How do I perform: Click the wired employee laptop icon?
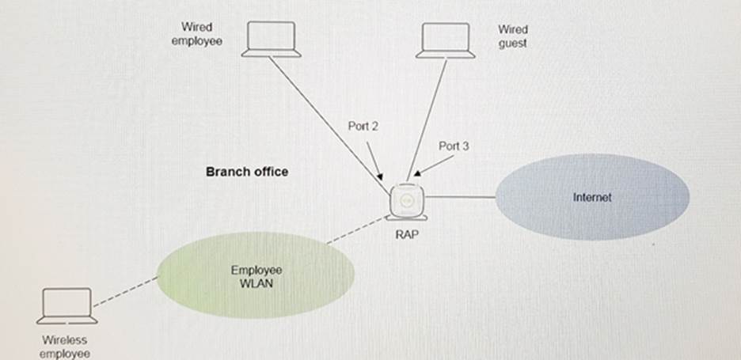pyautogui.click(x=272, y=39)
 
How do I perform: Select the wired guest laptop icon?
pyautogui.click(x=446, y=40)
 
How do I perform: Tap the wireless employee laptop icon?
pyautogui.click(x=68, y=305)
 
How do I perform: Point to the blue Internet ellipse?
pyautogui.click(x=592, y=197)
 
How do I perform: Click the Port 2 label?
pyautogui.click(x=363, y=126)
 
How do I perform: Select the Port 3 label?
pyautogui.click(x=454, y=146)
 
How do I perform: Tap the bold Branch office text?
pyautogui.click(x=247, y=171)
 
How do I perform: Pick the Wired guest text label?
pyautogui.click(x=512, y=36)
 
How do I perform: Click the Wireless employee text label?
pyautogui.click(x=65, y=347)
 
